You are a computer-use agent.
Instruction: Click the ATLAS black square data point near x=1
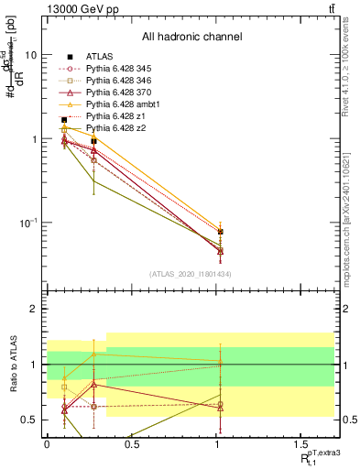click(220, 232)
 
